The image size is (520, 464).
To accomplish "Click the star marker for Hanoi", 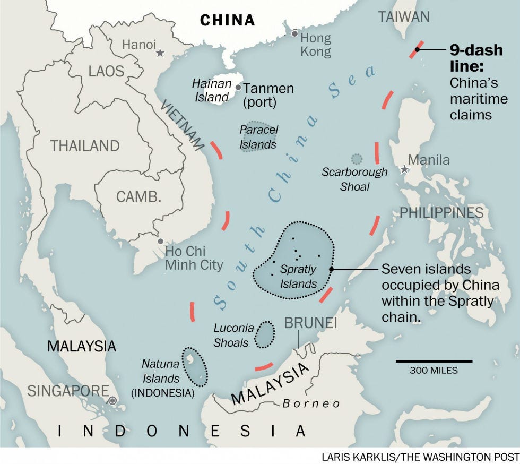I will pos(160,53).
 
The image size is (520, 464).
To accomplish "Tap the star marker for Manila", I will pos(405,169).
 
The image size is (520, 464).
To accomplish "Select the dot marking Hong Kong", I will pos(295,34).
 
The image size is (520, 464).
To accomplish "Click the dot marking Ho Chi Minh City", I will pos(161,241).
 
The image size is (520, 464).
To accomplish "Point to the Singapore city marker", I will pos(112,400).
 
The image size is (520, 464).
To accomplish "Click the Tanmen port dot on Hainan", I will pos(238,88).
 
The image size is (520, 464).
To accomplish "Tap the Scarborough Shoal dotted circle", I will pos(357,158).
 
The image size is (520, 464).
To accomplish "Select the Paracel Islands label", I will pos(258,137).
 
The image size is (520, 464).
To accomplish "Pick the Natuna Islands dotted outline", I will pos(194,366).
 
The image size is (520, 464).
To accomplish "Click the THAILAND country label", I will pos(85,145).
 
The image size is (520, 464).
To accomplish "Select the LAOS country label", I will pos(106,71).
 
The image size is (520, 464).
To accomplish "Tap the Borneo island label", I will pos(311,404).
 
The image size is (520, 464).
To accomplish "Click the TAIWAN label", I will pos(403,17).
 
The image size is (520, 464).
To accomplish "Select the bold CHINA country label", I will pos(227,20).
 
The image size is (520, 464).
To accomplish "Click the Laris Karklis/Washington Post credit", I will pos(419,457).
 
